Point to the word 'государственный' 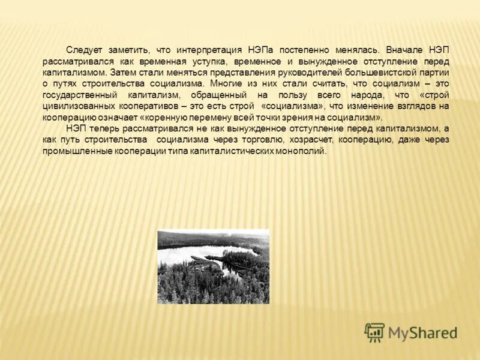tap(79, 95)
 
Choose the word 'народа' tap(363, 95)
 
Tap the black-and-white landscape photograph tap(213, 266)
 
